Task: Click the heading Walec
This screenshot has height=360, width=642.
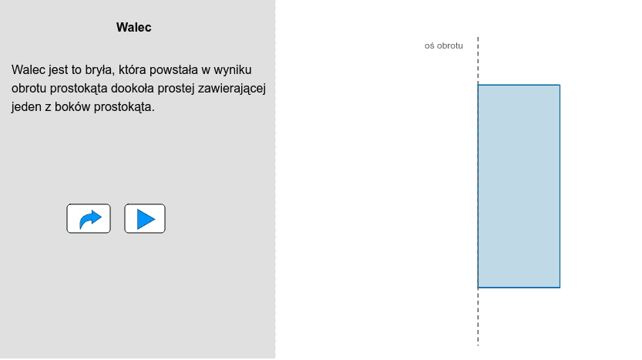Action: pos(133,28)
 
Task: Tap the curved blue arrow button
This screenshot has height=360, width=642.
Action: pos(89,219)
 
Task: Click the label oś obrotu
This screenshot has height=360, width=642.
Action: pos(443,45)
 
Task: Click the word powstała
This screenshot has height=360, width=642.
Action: pos(170,70)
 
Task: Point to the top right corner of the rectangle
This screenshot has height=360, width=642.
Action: pos(560,85)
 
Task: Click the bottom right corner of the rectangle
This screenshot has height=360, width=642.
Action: pos(560,288)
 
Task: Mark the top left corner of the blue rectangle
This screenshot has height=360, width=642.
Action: pos(478,85)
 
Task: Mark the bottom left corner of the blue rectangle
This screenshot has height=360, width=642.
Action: pos(478,288)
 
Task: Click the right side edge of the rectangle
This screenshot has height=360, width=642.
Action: pos(560,186)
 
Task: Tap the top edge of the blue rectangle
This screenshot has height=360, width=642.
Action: pos(519,85)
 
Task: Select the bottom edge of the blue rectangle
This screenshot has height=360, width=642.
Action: pos(519,288)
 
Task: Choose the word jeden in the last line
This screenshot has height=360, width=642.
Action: pos(26,107)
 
